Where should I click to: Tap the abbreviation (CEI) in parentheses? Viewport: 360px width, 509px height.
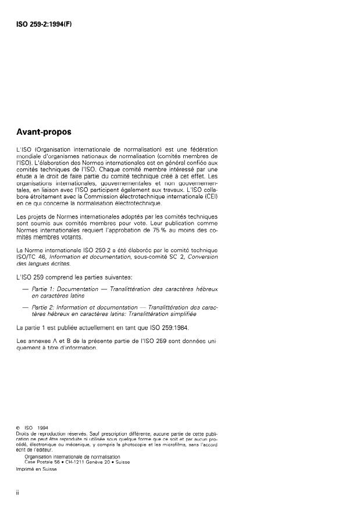point(209,196)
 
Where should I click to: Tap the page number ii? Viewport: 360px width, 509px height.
point(17,493)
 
